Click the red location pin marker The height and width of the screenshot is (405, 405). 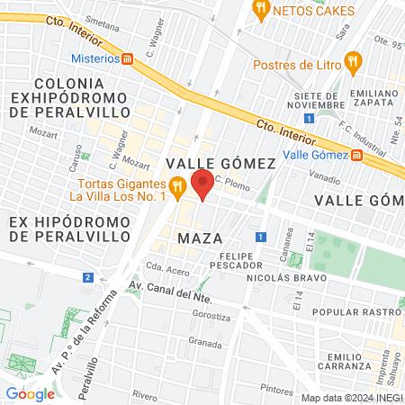point(202,184)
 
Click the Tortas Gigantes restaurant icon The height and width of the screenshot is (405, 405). point(177,186)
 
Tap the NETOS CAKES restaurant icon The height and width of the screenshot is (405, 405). point(261,11)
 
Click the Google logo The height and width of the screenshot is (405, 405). point(30,393)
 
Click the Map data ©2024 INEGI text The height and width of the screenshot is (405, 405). point(351,397)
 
